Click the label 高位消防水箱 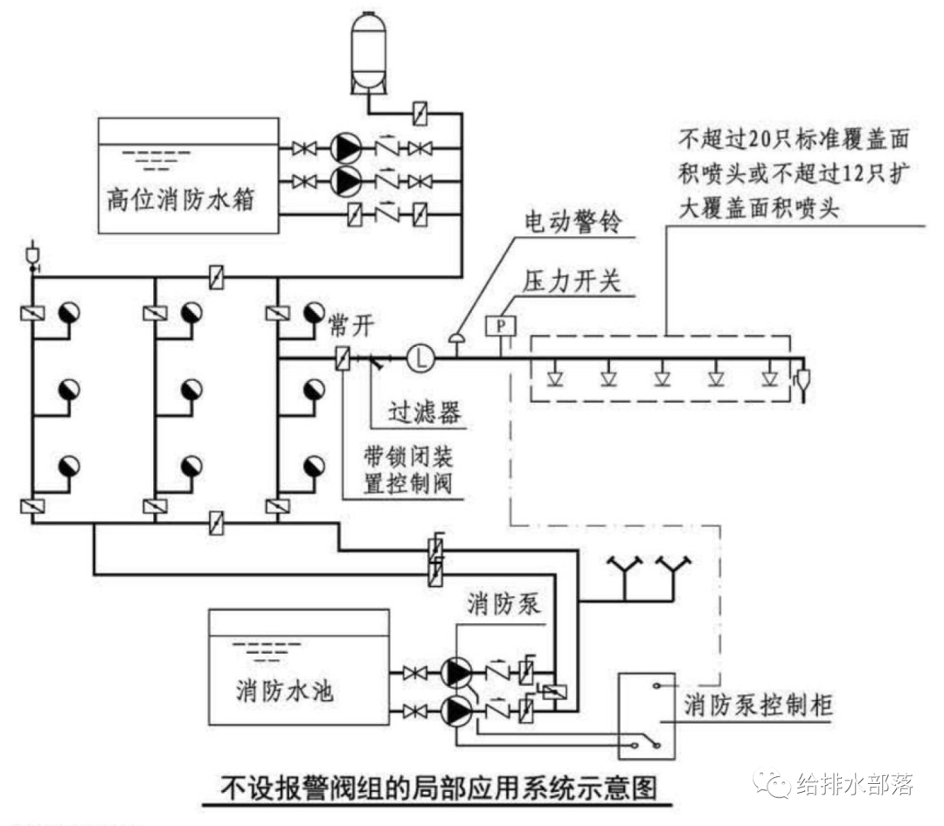coord(180,201)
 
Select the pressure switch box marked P coord(501,326)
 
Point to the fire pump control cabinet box coord(646,715)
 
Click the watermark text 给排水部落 coord(853,783)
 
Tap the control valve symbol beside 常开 coord(344,357)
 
